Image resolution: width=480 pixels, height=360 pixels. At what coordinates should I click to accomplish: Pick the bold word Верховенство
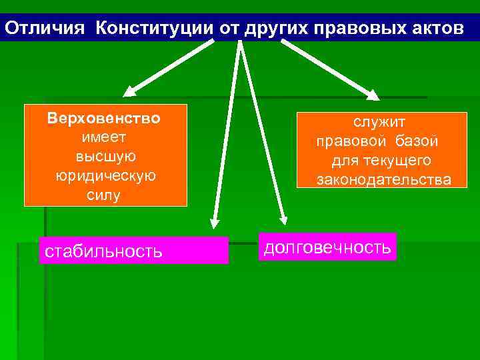coord(104,119)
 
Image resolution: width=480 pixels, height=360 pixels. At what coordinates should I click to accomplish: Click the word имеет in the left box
coord(103,137)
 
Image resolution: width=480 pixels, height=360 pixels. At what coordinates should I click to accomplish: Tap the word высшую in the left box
coord(105,157)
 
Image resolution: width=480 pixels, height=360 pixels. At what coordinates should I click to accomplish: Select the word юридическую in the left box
coord(105,176)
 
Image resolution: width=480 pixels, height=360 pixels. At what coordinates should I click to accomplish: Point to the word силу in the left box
coord(104,195)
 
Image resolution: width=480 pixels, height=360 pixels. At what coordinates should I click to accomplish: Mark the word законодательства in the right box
coord(383,180)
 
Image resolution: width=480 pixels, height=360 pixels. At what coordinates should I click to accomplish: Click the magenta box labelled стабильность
coord(133,251)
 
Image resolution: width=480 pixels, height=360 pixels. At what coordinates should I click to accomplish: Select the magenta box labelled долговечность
coord(329,247)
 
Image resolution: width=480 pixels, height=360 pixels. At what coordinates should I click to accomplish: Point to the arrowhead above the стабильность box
coord(214,221)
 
